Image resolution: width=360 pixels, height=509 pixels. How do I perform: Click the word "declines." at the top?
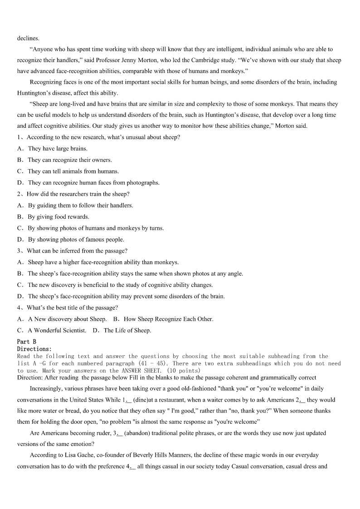[28, 38]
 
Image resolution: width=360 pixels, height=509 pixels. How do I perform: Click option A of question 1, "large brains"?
[58, 149]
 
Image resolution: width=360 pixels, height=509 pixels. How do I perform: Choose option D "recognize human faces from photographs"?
[93, 183]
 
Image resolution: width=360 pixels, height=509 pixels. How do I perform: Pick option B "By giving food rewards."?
[58, 217]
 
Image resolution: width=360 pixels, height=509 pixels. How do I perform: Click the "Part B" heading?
[27, 341]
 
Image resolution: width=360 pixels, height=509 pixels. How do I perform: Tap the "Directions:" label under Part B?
[34, 349]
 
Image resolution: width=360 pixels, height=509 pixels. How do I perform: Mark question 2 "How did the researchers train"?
[78, 194]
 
